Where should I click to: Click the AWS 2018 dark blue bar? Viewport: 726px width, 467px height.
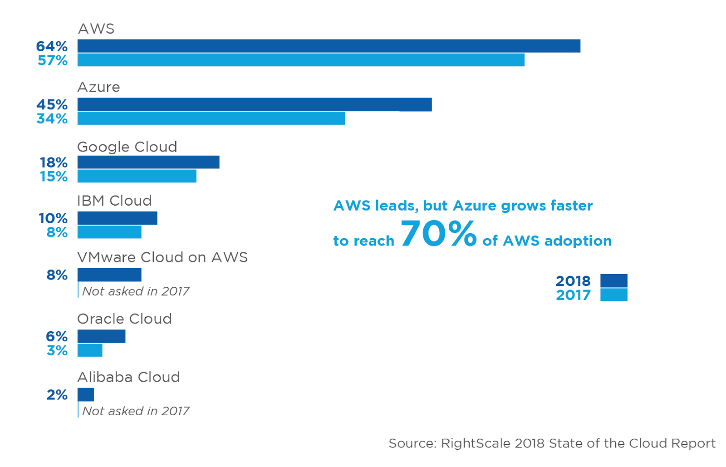click(x=329, y=46)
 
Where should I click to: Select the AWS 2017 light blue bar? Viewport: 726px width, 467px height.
click(x=301, y=60)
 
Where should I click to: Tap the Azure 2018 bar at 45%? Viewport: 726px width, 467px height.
click(x=255, y=105)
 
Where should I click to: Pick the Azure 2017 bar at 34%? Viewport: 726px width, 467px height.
click(x=211, y=118)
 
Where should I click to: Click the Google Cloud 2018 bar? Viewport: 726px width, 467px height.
click(x=148, y=162)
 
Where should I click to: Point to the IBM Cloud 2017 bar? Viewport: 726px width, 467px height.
click(x=109, y=232)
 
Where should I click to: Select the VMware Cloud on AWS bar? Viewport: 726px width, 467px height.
click(x=109, y=275)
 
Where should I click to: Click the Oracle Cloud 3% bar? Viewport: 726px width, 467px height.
click(x=90, y=350)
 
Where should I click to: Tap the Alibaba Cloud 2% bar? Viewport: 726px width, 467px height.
click(x=86, y=395)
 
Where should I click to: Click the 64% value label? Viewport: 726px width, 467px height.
click(x=52, y=46)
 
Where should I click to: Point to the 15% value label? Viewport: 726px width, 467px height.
click(x=54, y=177)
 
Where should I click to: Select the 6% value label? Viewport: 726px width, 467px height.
click(x=57, y=337)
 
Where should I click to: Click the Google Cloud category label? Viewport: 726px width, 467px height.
click(x=127, y=147)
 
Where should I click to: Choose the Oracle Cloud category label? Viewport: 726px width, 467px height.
click(x=124, y=319)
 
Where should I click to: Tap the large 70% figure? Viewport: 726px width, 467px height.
click(x=438, y=233)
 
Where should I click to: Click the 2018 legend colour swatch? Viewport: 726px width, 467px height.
click(x=614, y=280)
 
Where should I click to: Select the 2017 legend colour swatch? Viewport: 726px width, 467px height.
click(x=614, y=295)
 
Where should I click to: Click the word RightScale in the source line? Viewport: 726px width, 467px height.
click(x=476, y=443)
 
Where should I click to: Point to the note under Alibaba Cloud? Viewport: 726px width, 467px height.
click(x=136, y=411)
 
